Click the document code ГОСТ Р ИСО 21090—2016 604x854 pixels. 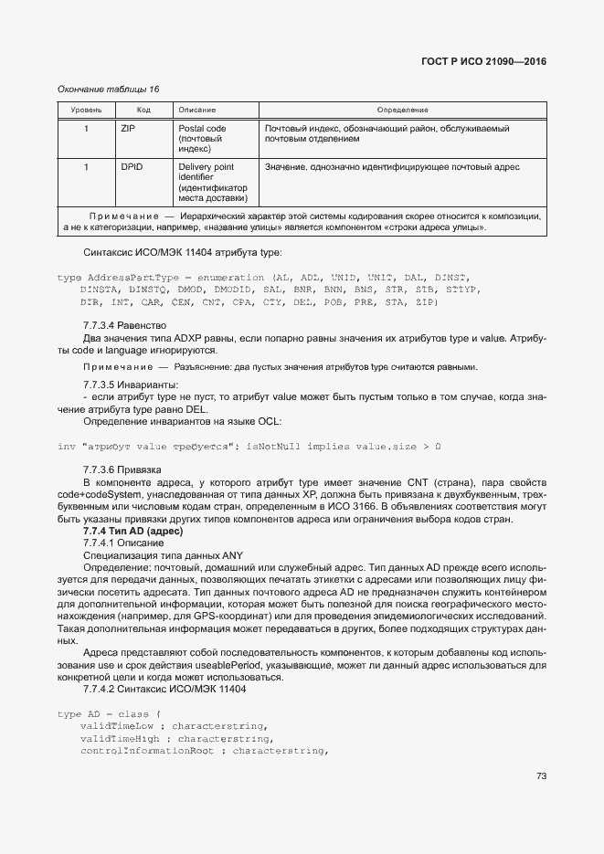[489, 61]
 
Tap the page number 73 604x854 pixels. [540, 777]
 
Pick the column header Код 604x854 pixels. [143, 110]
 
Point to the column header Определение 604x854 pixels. [402, 110]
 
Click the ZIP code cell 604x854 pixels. [128, 130]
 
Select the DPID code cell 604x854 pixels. [132, 167]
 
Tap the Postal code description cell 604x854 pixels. [202, 139]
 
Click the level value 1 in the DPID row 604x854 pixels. [86, 167]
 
